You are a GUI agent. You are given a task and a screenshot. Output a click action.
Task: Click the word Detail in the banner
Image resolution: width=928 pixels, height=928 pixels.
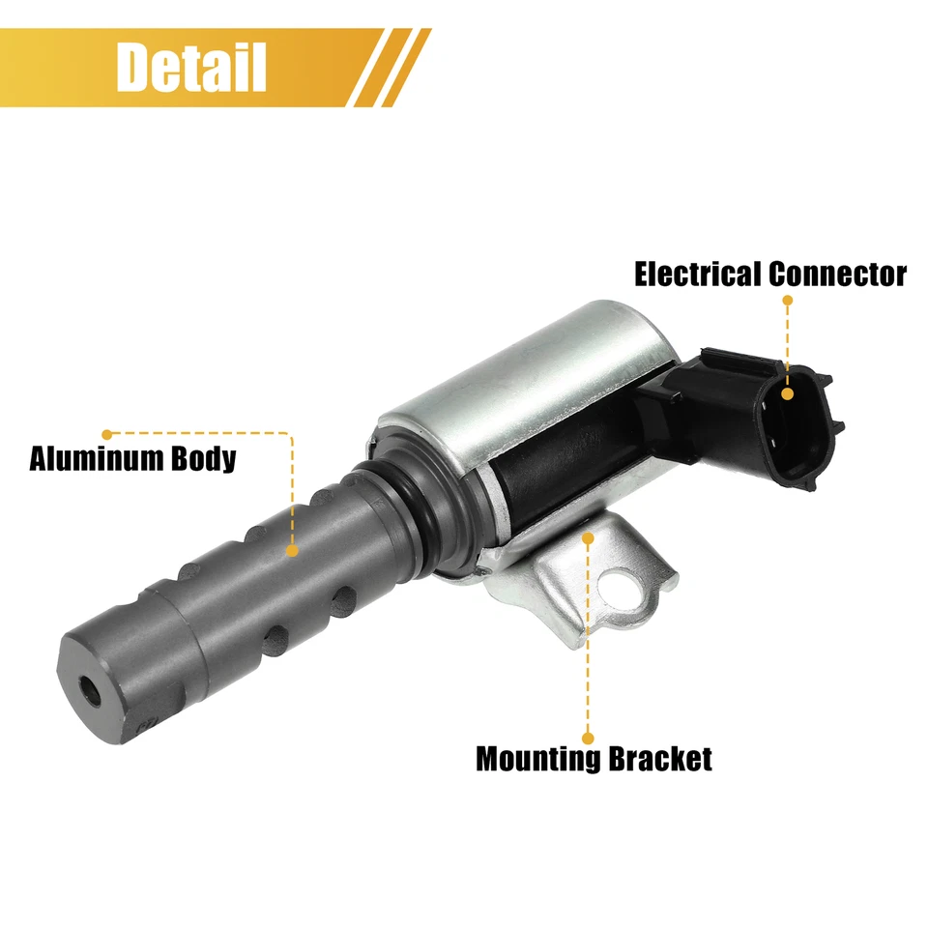point(190,67)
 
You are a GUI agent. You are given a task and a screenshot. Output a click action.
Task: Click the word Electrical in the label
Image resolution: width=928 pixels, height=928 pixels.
point(697,275)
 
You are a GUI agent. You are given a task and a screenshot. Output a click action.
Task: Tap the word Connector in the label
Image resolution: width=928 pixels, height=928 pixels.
point(837,275)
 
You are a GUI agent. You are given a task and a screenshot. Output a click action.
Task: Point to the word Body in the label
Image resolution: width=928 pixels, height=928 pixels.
point(202,458)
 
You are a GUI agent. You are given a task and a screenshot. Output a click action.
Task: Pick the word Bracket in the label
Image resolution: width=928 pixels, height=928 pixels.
point(660,758)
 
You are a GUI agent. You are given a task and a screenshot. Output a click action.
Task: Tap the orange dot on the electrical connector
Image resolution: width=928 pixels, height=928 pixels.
point(788,393)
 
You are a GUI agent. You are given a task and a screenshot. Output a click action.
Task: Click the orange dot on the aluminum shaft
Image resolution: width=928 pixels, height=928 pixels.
point(291,550)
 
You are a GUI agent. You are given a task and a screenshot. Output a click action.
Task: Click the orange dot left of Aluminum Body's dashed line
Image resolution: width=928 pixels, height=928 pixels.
point(107,434)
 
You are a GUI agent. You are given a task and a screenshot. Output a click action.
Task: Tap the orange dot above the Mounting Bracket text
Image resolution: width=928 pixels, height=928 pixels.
point(587,735)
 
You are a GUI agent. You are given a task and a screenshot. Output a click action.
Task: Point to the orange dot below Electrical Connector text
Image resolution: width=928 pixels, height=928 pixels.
point(788,301)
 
